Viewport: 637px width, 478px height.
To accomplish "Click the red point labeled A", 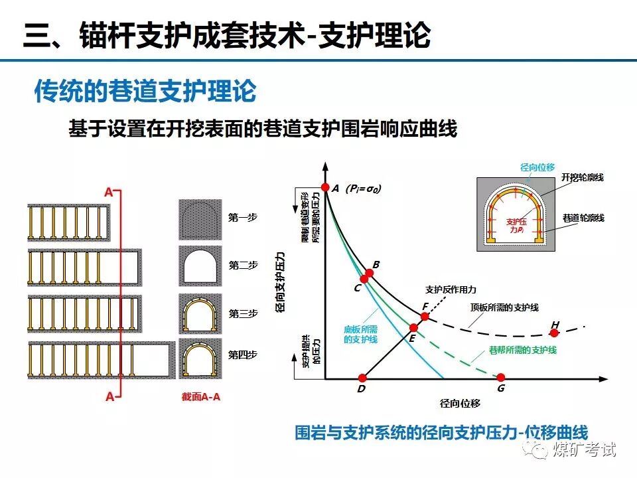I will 325,187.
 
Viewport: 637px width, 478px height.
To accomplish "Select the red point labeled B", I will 370,273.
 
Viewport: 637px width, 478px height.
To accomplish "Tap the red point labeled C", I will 364,279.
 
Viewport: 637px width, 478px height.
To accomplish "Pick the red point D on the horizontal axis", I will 362,378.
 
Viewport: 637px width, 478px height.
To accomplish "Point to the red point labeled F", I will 425,316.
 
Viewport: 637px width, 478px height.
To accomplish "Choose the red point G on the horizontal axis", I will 501,378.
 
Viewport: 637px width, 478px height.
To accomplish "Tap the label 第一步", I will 243,217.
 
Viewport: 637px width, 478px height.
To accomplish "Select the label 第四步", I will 243,355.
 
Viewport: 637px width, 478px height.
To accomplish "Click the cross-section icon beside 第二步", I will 200,266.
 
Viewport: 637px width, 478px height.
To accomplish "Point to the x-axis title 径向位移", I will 460,403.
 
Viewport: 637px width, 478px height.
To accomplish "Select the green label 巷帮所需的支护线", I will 522,350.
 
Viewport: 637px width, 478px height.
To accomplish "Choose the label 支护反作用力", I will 451,290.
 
